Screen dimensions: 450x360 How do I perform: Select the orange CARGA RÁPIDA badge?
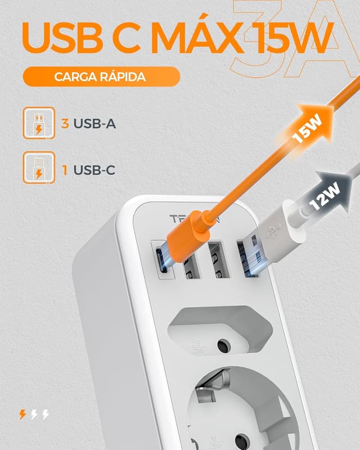click(101, 76)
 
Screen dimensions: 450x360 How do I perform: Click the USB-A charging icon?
click(39, 123)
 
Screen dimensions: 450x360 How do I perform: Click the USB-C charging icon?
click(39, 168)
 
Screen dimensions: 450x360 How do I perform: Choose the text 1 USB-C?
click(88, 169)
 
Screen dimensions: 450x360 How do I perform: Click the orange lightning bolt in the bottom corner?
click(22, 415)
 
